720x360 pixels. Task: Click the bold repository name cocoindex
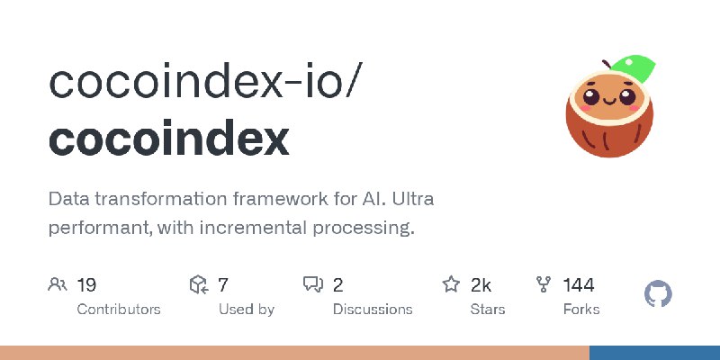168,139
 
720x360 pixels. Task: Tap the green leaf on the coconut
633,69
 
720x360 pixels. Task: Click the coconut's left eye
591,97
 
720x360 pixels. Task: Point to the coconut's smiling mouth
609,101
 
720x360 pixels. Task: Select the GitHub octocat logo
658,294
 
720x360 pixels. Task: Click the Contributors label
119,310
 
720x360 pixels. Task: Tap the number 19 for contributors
86,285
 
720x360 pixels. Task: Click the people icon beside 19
58,284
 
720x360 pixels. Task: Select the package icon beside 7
199,284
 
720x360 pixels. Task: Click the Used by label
247,310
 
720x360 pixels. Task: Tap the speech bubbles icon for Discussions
313,284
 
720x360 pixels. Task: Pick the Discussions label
373,310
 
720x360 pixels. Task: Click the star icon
451,284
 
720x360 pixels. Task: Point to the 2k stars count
481,285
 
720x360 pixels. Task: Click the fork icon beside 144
544,284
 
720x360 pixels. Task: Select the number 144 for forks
579,285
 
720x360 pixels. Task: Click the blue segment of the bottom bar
655,353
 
